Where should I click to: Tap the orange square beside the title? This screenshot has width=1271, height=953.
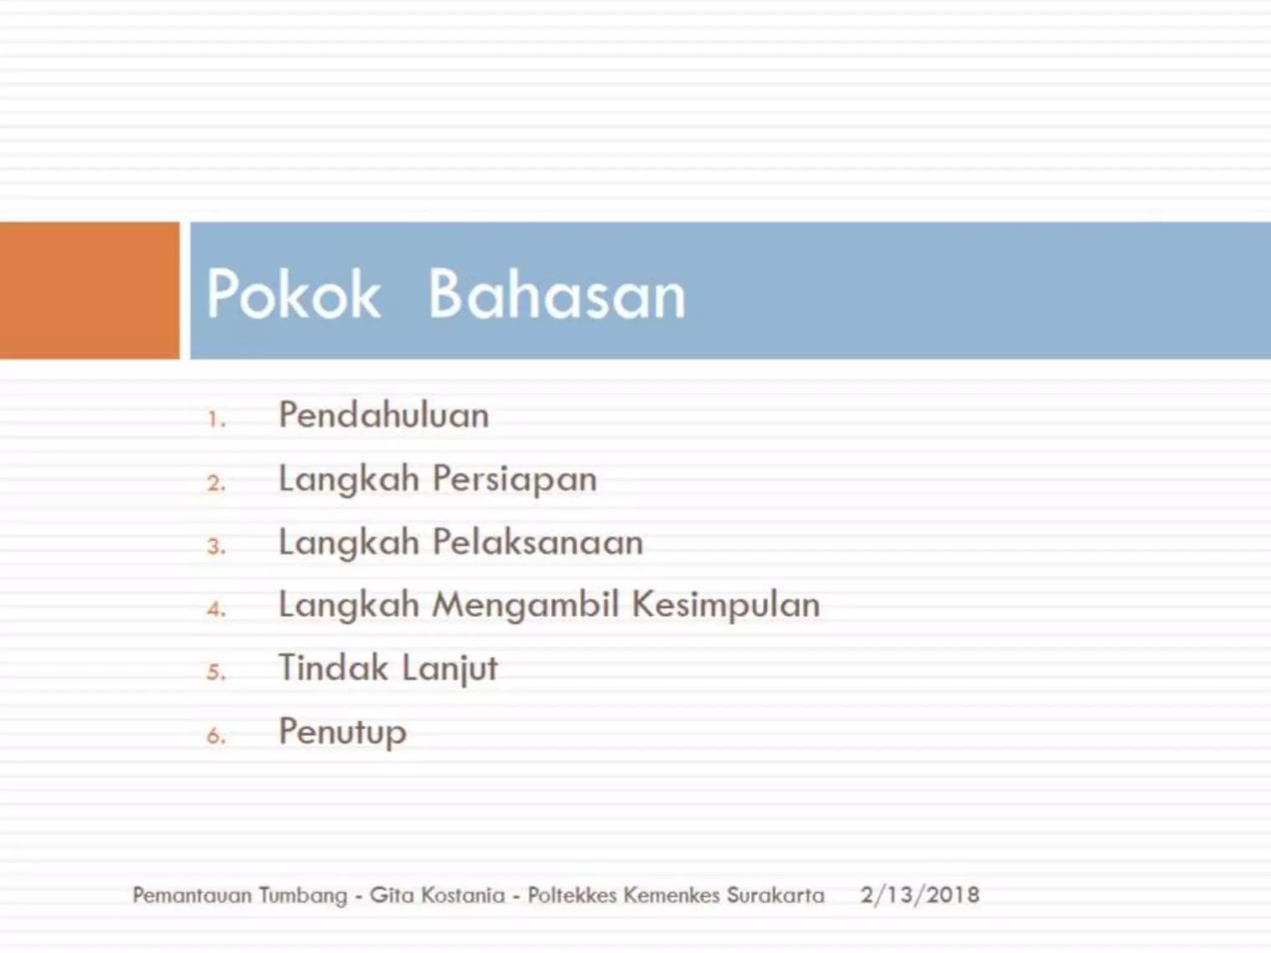click(x=89, y=290)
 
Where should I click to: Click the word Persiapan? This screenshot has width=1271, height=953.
click(x=514, y=480)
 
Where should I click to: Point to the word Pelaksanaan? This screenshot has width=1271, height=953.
click(x=537, y=542)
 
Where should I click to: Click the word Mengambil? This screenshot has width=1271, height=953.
click(x=526, y=606)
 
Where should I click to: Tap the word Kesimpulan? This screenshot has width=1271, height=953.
click(x=726, y=606)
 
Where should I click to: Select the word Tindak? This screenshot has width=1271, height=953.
click(x=333, y=668)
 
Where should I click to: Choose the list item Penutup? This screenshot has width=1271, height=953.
click(x=343, y=732)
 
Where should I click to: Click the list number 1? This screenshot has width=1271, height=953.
click(x=215, y=420)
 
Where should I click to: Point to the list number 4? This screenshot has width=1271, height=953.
click(x=216, y=609)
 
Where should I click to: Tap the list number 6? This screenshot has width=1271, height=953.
click(x=216, y=736)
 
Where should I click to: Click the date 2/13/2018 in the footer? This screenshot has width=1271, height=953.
click(x=920, y=895)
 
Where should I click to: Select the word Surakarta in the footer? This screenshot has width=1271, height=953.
click(x=776, y=895)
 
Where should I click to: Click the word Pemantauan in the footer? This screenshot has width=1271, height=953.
click(x=192, y=895)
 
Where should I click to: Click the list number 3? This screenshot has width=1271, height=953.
click(x=216, y=547)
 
